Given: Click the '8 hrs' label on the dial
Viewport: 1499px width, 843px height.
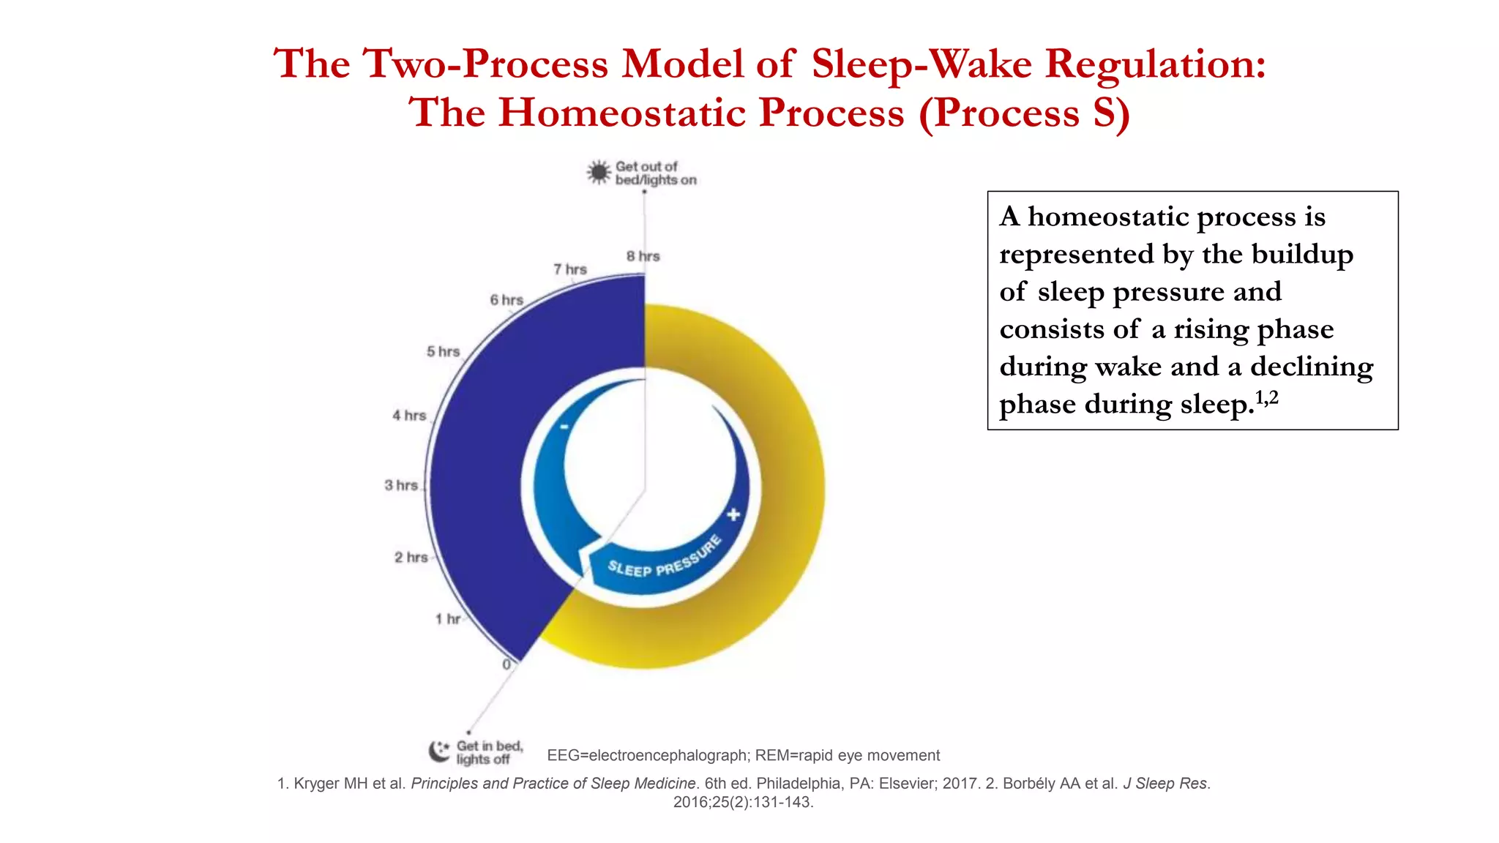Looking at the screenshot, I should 643,256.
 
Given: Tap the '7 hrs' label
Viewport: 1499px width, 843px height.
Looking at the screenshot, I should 570,269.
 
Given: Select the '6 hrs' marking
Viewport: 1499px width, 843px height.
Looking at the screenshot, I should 506,300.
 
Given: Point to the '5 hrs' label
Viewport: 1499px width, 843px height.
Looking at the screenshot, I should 444,352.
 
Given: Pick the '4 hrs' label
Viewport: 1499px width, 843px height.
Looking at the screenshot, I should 409,416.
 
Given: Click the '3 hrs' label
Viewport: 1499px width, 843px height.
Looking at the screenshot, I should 401,485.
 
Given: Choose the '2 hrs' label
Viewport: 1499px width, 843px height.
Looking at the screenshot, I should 411,558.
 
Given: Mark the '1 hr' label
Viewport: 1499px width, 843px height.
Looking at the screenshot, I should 448,619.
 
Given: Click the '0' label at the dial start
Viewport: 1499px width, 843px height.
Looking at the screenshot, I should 506,664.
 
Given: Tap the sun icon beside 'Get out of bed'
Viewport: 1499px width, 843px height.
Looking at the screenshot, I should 599,173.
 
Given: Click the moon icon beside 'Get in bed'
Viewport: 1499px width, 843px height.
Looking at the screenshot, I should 439,751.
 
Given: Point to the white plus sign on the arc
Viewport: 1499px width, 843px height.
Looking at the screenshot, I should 733,514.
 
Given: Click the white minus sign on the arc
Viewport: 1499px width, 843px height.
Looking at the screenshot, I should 564,427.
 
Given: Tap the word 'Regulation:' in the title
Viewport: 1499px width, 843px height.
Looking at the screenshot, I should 1156,64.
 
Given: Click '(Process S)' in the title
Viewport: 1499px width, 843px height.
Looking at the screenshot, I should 1025,113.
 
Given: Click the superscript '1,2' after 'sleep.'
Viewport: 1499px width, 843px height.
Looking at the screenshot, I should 1267,397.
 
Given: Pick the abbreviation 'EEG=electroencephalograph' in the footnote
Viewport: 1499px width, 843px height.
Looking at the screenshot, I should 647,755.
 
